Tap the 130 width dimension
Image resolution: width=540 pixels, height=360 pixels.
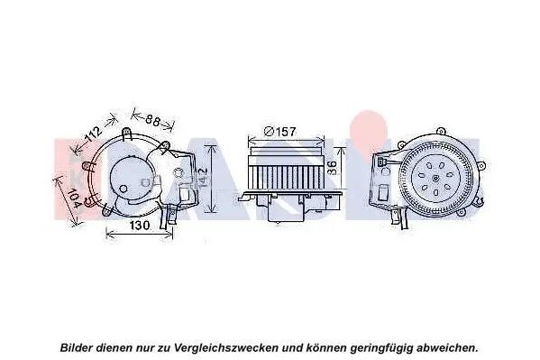click(138, 225)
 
